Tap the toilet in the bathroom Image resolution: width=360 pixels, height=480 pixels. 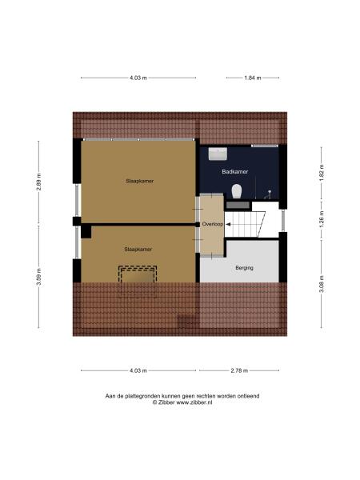(237, 190)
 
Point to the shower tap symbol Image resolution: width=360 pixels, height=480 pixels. (271, 193)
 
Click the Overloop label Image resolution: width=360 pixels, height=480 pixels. (212, 224)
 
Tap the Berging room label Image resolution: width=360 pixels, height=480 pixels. (244, 267)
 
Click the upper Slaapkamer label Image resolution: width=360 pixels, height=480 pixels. (139, 181)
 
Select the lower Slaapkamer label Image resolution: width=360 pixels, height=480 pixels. (138, 249)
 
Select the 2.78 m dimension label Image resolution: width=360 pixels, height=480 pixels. (239, 370)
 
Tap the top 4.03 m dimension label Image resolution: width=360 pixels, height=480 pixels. (138, 78)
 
